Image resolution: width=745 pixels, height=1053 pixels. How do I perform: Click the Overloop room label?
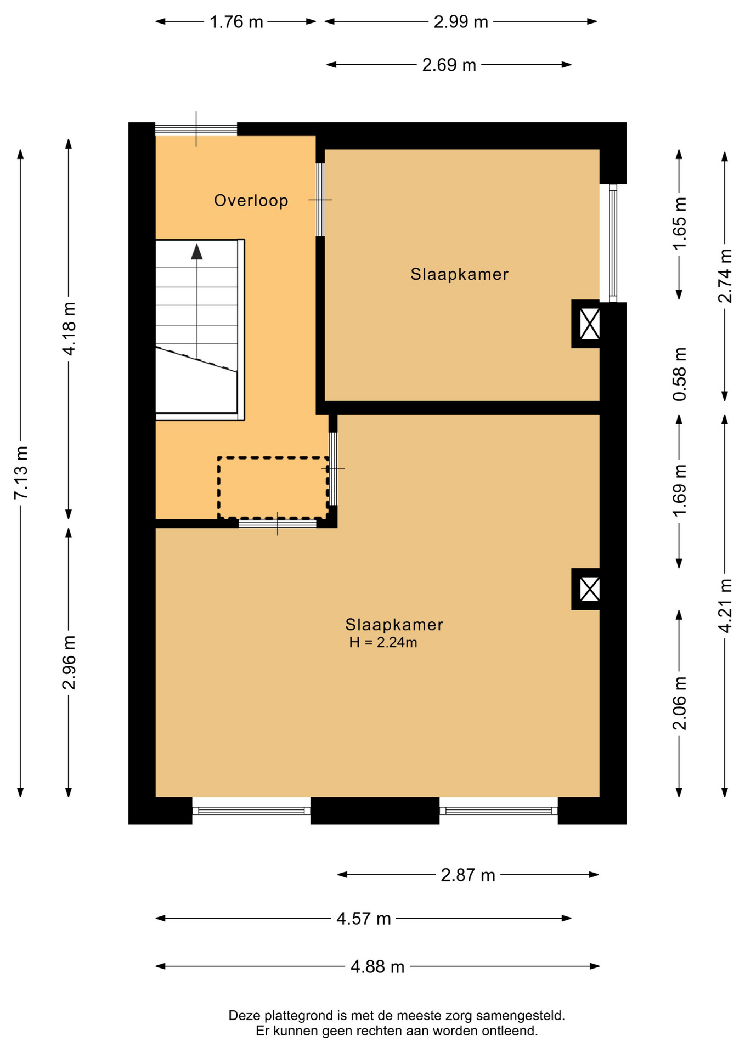(x=251, y=201)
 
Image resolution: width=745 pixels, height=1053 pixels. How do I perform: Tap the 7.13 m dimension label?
(x=21, y=473)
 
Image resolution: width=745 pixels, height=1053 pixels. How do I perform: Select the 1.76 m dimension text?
(x=236, y=22)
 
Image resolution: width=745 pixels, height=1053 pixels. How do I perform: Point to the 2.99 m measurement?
(x=461, y=22)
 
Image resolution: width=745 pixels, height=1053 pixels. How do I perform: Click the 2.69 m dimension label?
(x=449, y=65)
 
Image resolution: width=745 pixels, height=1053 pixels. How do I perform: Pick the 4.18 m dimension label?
(x=69, y=328)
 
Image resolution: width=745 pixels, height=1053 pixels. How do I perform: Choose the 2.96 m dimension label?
(x=69, y=663)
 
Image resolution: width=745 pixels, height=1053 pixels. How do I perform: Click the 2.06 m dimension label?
(x=679, y=704)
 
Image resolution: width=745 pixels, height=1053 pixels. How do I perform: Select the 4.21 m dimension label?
(x=725, y=605)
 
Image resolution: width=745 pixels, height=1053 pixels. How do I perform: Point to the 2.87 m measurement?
(x=468, y=875)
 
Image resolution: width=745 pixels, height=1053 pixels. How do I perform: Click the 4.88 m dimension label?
(x=377, y=967)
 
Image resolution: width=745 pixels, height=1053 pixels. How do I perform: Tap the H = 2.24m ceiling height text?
(x=383, y=643)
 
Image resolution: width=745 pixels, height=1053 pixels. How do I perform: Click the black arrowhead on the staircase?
(x=197, y=252)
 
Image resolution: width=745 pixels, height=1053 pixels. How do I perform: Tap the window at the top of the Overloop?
(x=196, y=129)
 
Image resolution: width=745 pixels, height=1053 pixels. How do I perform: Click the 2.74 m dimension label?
(x=725, y=276)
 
